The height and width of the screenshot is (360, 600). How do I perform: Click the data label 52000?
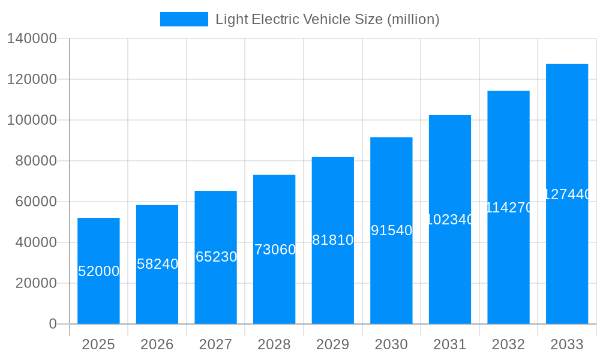pos(98,271)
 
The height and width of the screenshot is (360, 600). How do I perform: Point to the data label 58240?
pos(157,264)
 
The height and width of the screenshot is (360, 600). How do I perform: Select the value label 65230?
pos(216,257)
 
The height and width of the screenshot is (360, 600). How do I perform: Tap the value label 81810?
pos(333,240)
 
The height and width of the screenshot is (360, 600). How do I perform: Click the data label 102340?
pos(450,220)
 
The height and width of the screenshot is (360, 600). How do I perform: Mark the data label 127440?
pos(567,194)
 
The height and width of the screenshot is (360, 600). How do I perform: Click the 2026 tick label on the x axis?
pos(157,344)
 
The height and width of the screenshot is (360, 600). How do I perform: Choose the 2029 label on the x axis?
pos(333,344)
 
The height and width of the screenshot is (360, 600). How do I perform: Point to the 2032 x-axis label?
pos(508,344)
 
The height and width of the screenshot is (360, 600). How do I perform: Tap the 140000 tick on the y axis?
pos(32,38)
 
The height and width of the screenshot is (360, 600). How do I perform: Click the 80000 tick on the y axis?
pos(36,161)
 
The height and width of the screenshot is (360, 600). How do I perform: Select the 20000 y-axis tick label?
pos(36,283)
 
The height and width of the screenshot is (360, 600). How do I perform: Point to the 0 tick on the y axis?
pos(53,324)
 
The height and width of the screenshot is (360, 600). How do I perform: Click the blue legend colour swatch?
pos(184,19)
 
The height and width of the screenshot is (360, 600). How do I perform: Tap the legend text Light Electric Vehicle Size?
pos(328,19)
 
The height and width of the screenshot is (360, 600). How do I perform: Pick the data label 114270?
pos(508,208)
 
